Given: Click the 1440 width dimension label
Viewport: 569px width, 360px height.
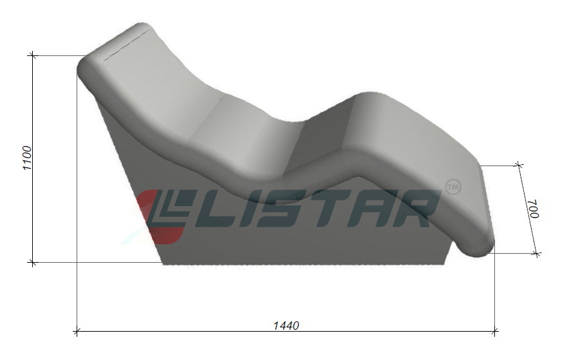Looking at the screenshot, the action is pos(286,325).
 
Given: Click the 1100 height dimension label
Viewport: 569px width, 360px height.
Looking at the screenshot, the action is pos(28,158).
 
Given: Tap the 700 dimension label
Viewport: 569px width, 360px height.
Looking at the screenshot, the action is pos(534,208).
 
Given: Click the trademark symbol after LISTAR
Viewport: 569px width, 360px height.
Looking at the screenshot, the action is pos(453,187).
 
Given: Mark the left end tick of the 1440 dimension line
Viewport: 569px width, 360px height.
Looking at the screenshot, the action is pos(77,331).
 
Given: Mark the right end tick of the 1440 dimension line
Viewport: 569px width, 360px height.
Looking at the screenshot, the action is pos(494,331).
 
